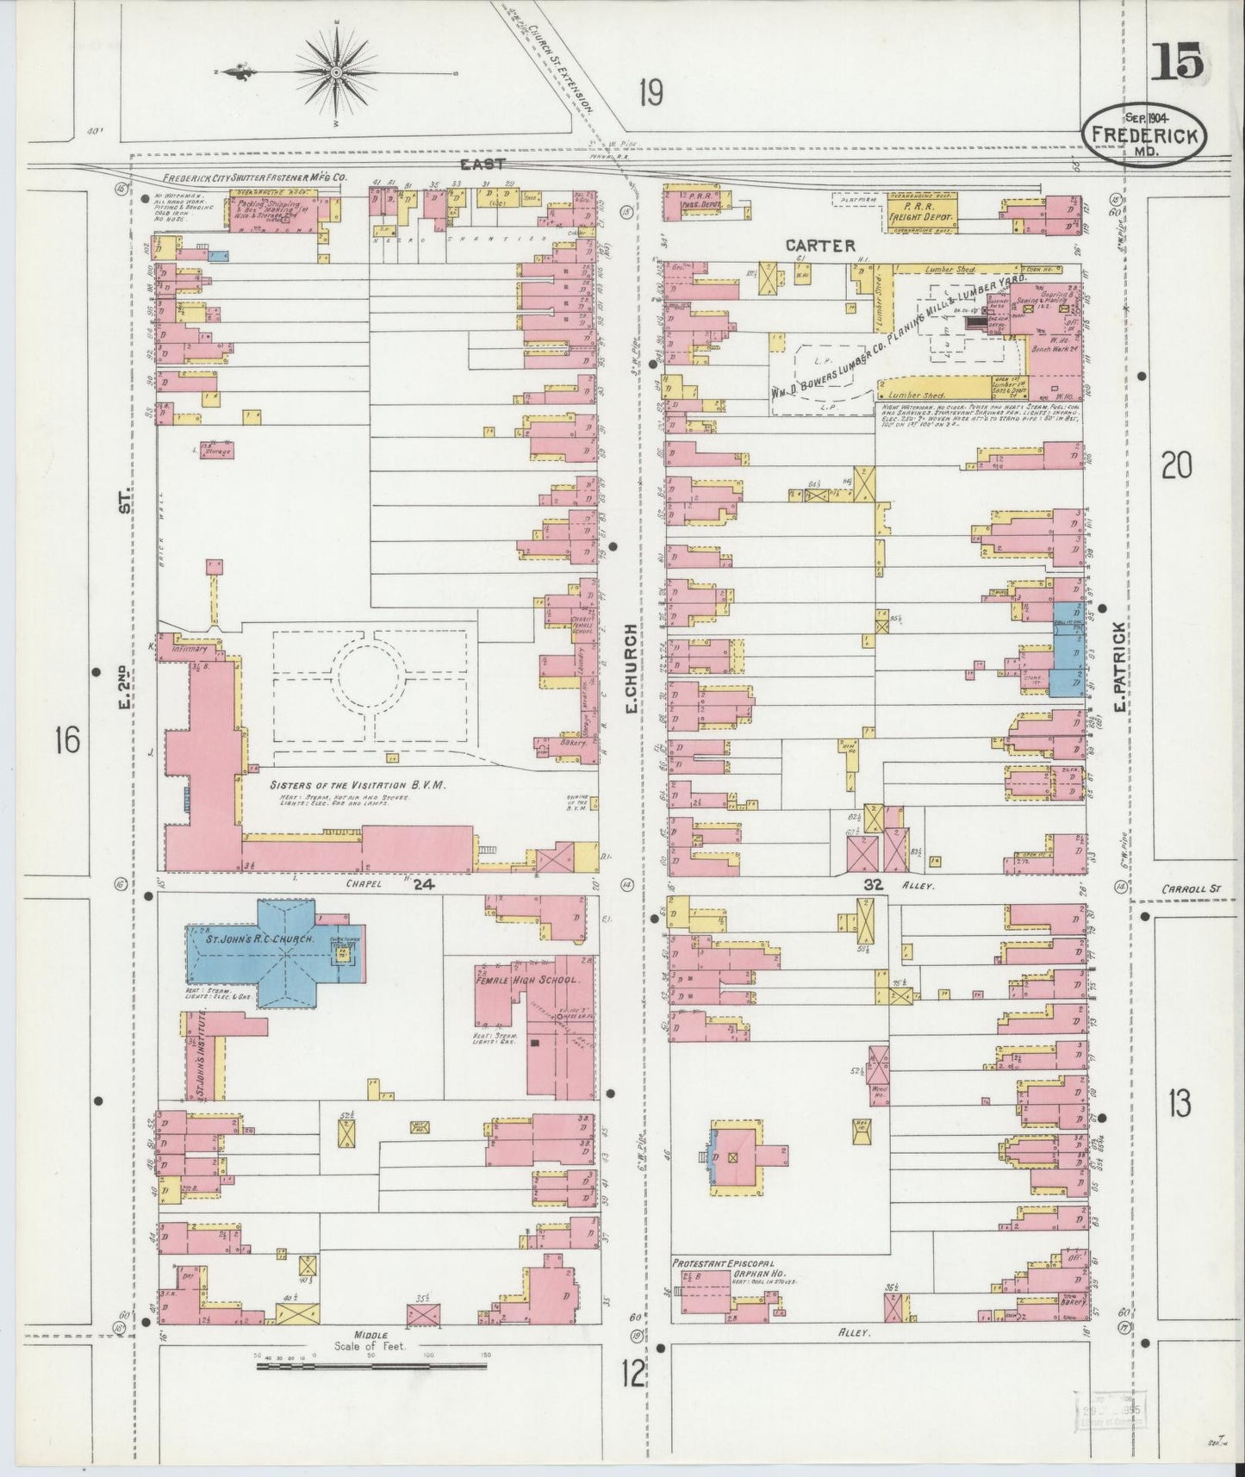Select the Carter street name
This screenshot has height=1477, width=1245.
click(x=819, y=246)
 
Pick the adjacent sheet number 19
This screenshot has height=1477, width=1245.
click(x=651, y=91)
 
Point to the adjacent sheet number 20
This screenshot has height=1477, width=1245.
click(x=1176, y=466)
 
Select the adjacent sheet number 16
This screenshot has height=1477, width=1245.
click(x=66, y=739)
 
